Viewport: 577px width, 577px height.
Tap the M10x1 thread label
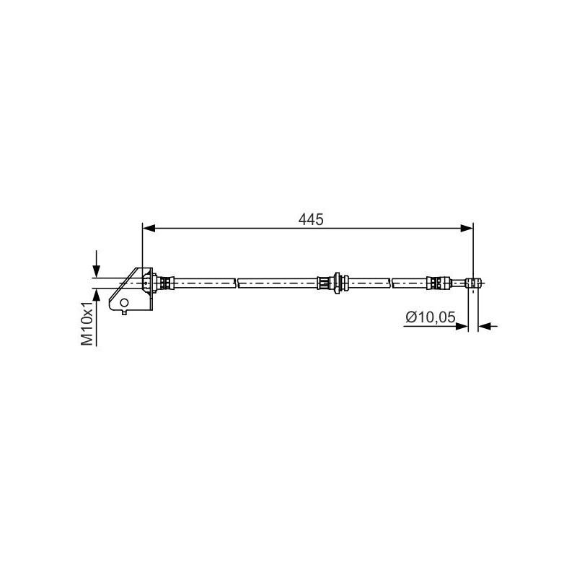point(87,324)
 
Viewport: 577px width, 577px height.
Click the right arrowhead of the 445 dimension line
point(467,229)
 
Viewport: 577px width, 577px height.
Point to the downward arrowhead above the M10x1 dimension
point(96,271)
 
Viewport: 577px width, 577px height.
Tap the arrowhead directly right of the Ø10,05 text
point(462,327)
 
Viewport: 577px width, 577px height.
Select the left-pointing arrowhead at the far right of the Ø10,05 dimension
point(485,327)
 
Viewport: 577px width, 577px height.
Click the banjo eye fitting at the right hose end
point(472,282)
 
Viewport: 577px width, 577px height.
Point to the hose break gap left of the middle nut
point(237,282)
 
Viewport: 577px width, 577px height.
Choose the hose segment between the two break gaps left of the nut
point(278,282)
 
